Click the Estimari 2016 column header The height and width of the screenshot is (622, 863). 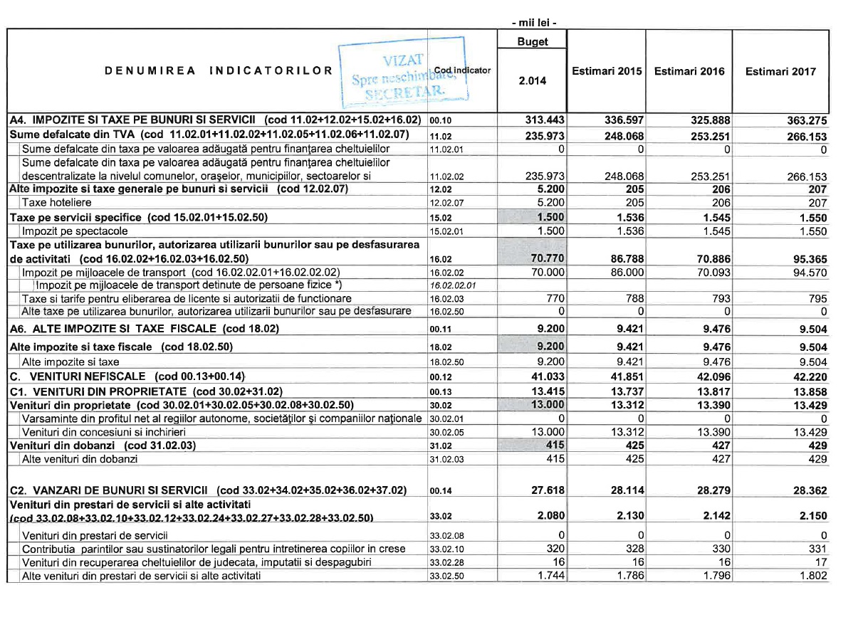click(x=689, y=71)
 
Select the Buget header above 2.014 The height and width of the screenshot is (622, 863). click(x=533, y=42)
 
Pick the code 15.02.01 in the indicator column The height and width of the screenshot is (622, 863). click(x=446, y=232)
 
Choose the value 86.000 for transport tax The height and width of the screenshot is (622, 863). click(x=624, y=272)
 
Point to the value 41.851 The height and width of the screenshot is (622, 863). click(x=624, y=375)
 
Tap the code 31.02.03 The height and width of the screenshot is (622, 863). click(x=446, y=460)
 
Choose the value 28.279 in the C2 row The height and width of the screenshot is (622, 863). click(x=708, y=490)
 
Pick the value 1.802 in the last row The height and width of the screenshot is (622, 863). click(x=812, y=576)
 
